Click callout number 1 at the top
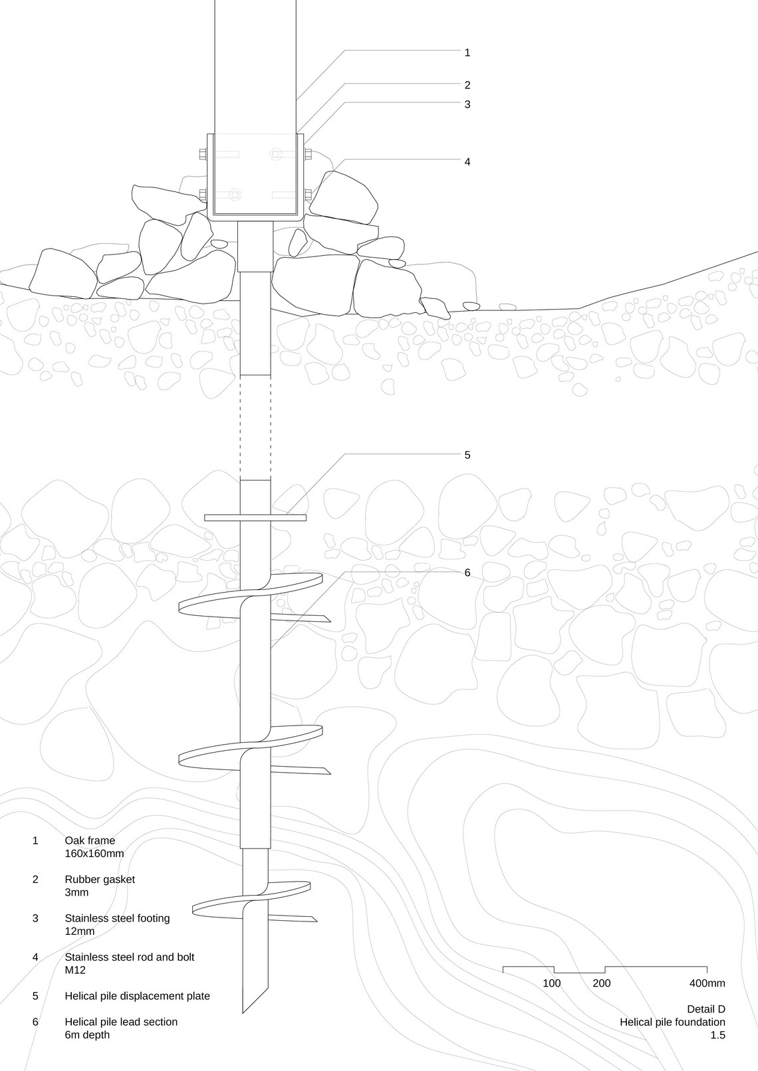click(467, 52)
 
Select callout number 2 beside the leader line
click(467, 85)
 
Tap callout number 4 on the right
click(467, 162)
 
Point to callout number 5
click(467, 455)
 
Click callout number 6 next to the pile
click(467, 573)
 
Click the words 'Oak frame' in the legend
click(90, 840)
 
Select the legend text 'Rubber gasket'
click(100, 879)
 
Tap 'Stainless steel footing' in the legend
click(117, 918)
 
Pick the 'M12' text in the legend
click(75, 969)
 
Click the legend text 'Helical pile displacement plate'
click(138, 996)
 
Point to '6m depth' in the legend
click(87, 1034)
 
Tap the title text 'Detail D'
click(706, 1009)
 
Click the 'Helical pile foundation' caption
click(673, 1022)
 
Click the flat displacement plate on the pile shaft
click(255, 518)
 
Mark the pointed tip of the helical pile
click(243, 1012)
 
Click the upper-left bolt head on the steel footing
click(201, 154)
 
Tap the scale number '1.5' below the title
click(718, 1035)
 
